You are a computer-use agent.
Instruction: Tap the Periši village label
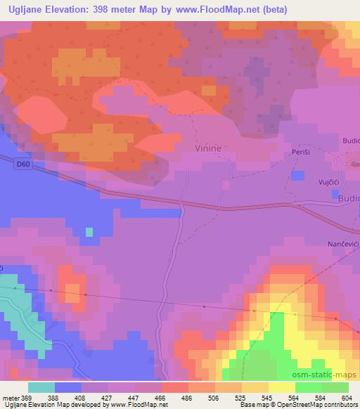click(301, 153)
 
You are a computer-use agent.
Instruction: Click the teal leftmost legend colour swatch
click(41, 387)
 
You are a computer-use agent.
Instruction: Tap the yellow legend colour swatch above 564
click(281, 387)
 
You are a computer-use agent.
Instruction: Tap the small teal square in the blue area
click(89, 231)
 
